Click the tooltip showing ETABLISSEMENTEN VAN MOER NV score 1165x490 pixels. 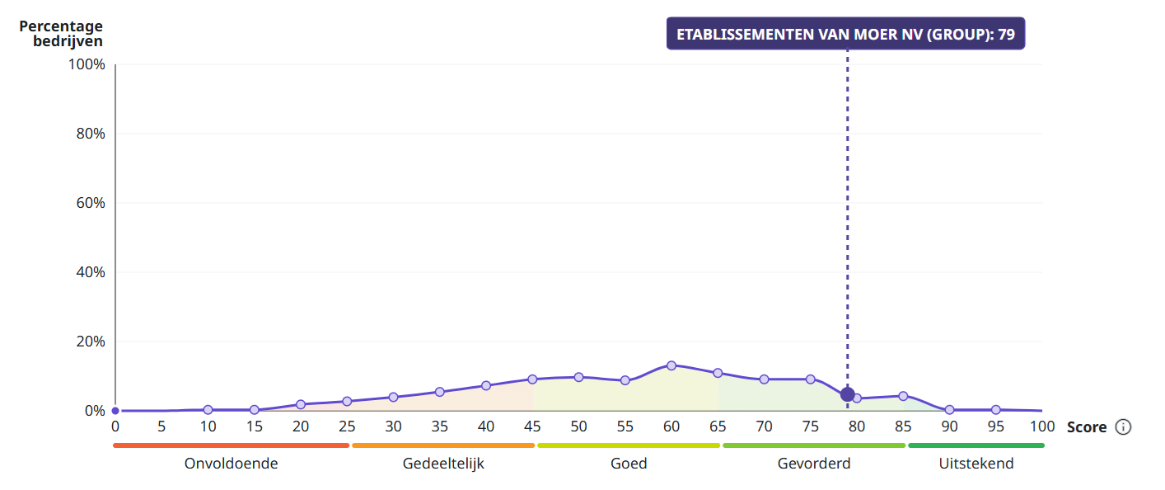pos(845,34)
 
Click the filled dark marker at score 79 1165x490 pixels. pos(847,394)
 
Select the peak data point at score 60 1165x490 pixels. pos(671,365)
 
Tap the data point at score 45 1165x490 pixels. pos(532,379)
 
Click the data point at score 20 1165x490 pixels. pos(301,404)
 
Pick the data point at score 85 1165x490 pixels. pos(903,396)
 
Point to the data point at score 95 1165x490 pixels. pos(995,410)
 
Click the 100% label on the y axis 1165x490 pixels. pos(87,64)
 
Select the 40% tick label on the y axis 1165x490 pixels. pos(91,272)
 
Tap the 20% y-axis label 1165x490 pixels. pos(91,342)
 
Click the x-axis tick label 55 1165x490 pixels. pos(625,427)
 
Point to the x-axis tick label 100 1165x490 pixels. pos(1042,427)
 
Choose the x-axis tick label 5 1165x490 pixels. pos(161,427)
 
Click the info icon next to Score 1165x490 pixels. pos(1124,427)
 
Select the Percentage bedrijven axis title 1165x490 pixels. pos(61,33)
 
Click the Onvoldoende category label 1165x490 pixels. pos(231,464)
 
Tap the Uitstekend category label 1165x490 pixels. pos(976,464)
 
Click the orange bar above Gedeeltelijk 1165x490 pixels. pos(443,445)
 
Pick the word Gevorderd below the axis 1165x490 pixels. pos(814,464)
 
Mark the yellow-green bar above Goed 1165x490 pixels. pos(629,445)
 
